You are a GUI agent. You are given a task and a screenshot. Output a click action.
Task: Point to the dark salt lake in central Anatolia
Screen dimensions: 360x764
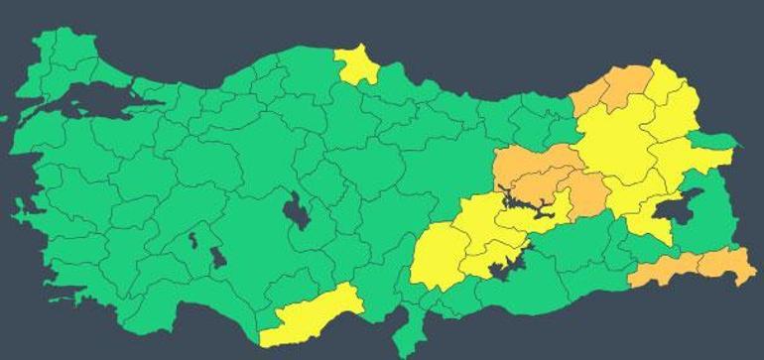pos(296,212)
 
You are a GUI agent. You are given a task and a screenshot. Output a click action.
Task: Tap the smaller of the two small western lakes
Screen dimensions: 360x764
pos(191,239)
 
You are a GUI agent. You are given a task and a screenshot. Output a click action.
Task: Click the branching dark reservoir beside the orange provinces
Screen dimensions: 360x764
pos(526,205)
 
